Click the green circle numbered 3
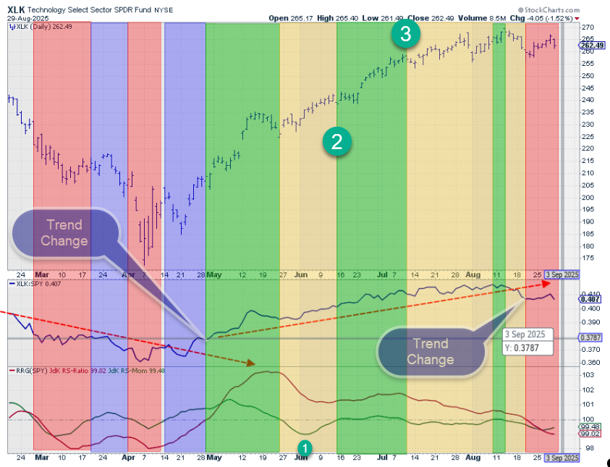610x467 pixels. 407,33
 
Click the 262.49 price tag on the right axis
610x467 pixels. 591,45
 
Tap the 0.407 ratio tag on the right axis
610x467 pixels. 589,298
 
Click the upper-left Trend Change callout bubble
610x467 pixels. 64,233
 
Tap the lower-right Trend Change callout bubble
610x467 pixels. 431,352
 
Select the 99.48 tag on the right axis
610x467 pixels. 589,427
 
